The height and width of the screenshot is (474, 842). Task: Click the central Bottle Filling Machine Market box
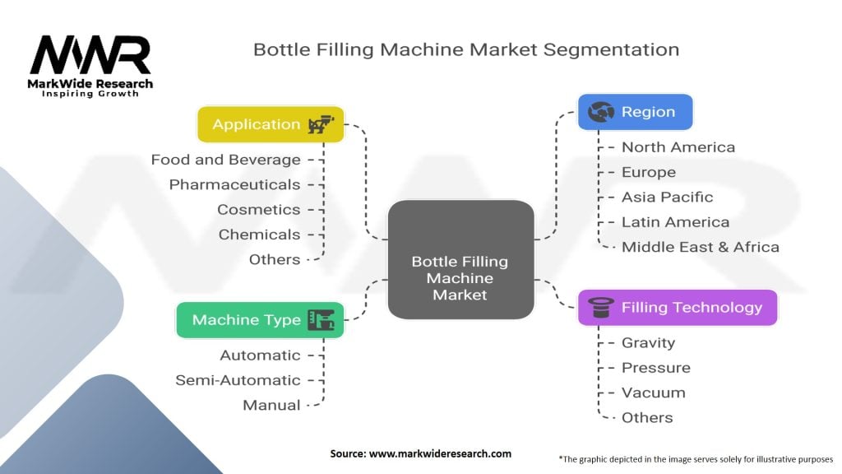pyautogui.click(x=460, y=259)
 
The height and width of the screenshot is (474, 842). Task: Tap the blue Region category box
pyautogui.click(x=635, y=112)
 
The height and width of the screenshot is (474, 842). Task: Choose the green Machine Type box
pyautogui.click(x=259, y=320)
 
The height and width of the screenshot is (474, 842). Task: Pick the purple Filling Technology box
pyautogui.click(x=677, y=308)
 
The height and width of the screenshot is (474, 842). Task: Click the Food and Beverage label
pyautogui.click(x=226, y=160)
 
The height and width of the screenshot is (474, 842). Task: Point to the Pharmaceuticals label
pyautogui.click(x=234, y=184)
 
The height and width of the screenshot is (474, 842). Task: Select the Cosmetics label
pyautogui.click(x=258, y=209)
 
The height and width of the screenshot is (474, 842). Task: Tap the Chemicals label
pyautogui.click(x=259, y=235)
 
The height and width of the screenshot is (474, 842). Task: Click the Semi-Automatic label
pyautogui.click(x=238, y=380)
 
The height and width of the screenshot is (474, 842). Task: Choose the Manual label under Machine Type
pyautogui.click(x=271, y=405)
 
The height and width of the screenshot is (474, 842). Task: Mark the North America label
pyautogui.click(x=678, y=147)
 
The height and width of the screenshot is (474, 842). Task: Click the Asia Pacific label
pyautogui.click(x=667, y=197)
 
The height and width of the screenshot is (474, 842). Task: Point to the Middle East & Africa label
pyautogui.click(x=700, y=247)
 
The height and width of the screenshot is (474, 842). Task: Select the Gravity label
pyautogui.click(x=648, y=342)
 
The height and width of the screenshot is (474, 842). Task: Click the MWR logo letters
pyautogui.click(x=90, y=56)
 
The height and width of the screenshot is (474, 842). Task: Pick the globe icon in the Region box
pyautogui.click(x=599, y=112)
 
